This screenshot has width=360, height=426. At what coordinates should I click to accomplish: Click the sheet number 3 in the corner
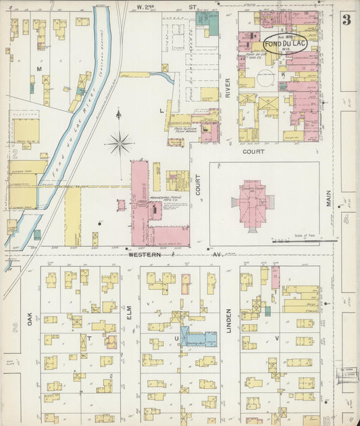346,20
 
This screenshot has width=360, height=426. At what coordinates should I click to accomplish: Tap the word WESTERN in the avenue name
142,255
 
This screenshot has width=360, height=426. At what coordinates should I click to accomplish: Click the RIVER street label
228,87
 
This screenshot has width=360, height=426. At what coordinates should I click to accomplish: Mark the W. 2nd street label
147,7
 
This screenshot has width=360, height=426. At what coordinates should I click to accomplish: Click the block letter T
88,336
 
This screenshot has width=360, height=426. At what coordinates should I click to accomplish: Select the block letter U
178,336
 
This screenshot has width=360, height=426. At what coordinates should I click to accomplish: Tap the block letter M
39,70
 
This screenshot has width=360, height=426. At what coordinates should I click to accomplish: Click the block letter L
161,109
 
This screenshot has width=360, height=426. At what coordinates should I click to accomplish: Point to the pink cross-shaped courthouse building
253,203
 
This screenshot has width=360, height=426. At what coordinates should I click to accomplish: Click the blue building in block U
198,338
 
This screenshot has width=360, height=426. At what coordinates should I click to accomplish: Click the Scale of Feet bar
295,240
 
